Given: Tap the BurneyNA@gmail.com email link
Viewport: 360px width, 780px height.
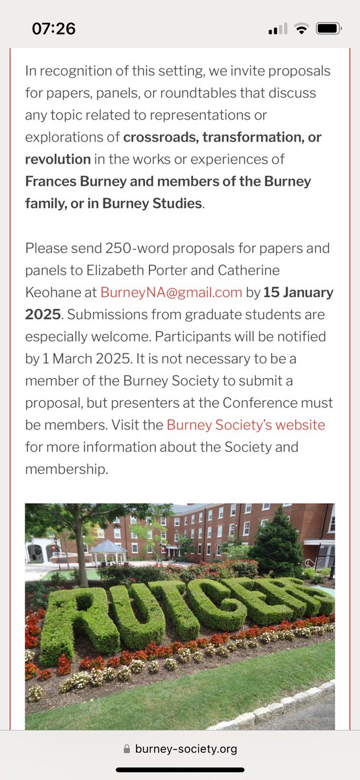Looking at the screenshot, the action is [171, 292].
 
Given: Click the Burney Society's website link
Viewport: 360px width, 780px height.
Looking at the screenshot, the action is [246, 425].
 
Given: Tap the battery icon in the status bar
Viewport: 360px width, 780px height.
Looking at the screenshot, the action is [328, 29].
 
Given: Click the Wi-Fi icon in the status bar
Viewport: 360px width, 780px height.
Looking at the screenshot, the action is [301, 29].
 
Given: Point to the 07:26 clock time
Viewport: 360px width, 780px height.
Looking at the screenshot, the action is [53, 29].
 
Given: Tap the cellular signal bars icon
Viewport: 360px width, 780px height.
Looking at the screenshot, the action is [277, 30].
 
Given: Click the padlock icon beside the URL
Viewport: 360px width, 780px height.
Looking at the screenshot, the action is [126, 749].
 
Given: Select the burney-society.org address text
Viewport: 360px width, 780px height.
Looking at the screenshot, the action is [186, 749].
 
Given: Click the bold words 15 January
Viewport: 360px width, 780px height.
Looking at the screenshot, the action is [298, 292].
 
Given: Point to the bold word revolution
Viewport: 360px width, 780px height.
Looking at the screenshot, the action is [58, 159].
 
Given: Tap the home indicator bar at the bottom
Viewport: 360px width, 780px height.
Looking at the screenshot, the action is [180, 770].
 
